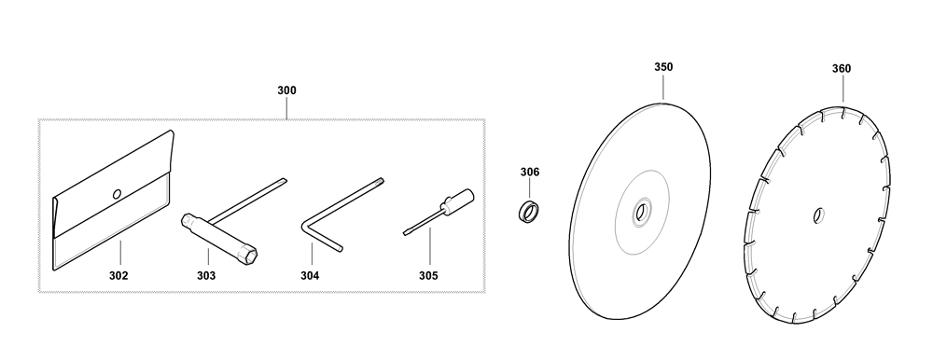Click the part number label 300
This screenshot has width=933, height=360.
click(286, 90)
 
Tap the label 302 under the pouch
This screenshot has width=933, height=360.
click(118, 275)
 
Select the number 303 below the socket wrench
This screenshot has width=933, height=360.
click(206, 275)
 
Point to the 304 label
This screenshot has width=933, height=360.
click(310, 275)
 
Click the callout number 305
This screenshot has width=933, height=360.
click(428, 275)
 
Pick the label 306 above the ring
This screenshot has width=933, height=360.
click(530, 172)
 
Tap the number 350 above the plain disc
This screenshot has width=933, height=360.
click(663, 67)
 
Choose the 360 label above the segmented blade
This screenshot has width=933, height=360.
click(842, 69)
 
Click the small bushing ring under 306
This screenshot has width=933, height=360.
click(529, 212)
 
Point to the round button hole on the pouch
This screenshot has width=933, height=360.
click(118, 193)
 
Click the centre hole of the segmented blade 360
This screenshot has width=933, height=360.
click(818, 215)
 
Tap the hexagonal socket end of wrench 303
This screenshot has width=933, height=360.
click(250, 256)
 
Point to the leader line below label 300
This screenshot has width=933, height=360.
click(286, 107)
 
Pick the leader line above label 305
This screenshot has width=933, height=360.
click(428, 247)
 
